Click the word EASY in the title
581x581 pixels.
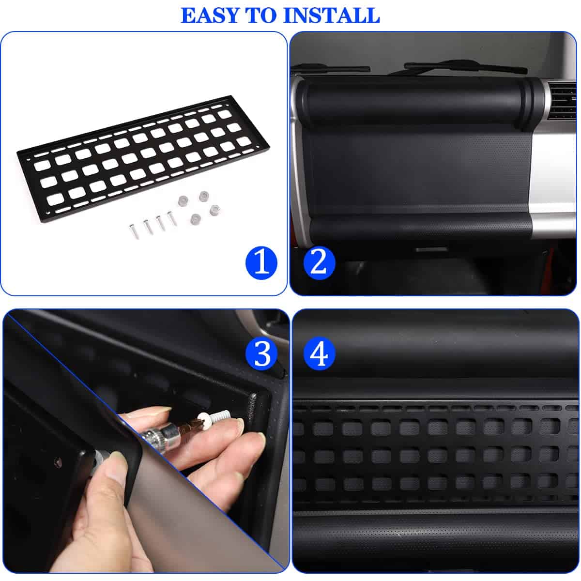[x=210, y=15]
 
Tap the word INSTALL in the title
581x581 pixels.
[x=331, y=15]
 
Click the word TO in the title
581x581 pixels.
[x=261, y=15]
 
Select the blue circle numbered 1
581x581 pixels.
[x=261, y=262]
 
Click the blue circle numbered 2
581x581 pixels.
[x=319, y=262]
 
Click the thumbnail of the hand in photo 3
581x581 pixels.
[x=117, y=465]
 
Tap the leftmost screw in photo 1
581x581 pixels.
[x=134, y=231]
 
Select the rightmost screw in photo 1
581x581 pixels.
[x=172, y=218]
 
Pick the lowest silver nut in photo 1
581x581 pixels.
[x=196, y=219]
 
